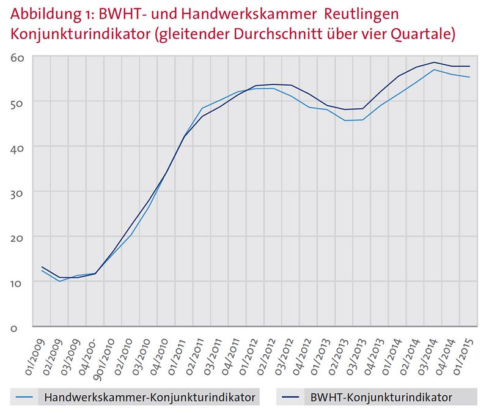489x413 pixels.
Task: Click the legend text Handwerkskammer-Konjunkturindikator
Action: coord(149,398)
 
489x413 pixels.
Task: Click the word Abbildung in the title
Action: coord(40,14)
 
